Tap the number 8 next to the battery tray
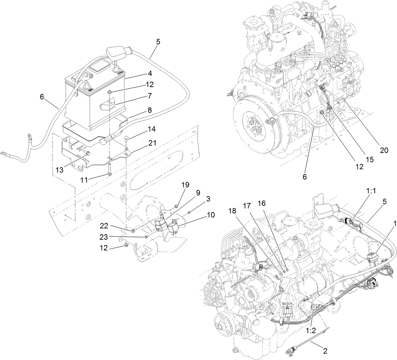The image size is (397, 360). click(x=149, y=110)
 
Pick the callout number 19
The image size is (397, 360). click(x=185, y=185)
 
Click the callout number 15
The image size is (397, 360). click(x=370, y=160)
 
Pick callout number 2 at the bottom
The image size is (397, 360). click(x=325, y=351)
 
